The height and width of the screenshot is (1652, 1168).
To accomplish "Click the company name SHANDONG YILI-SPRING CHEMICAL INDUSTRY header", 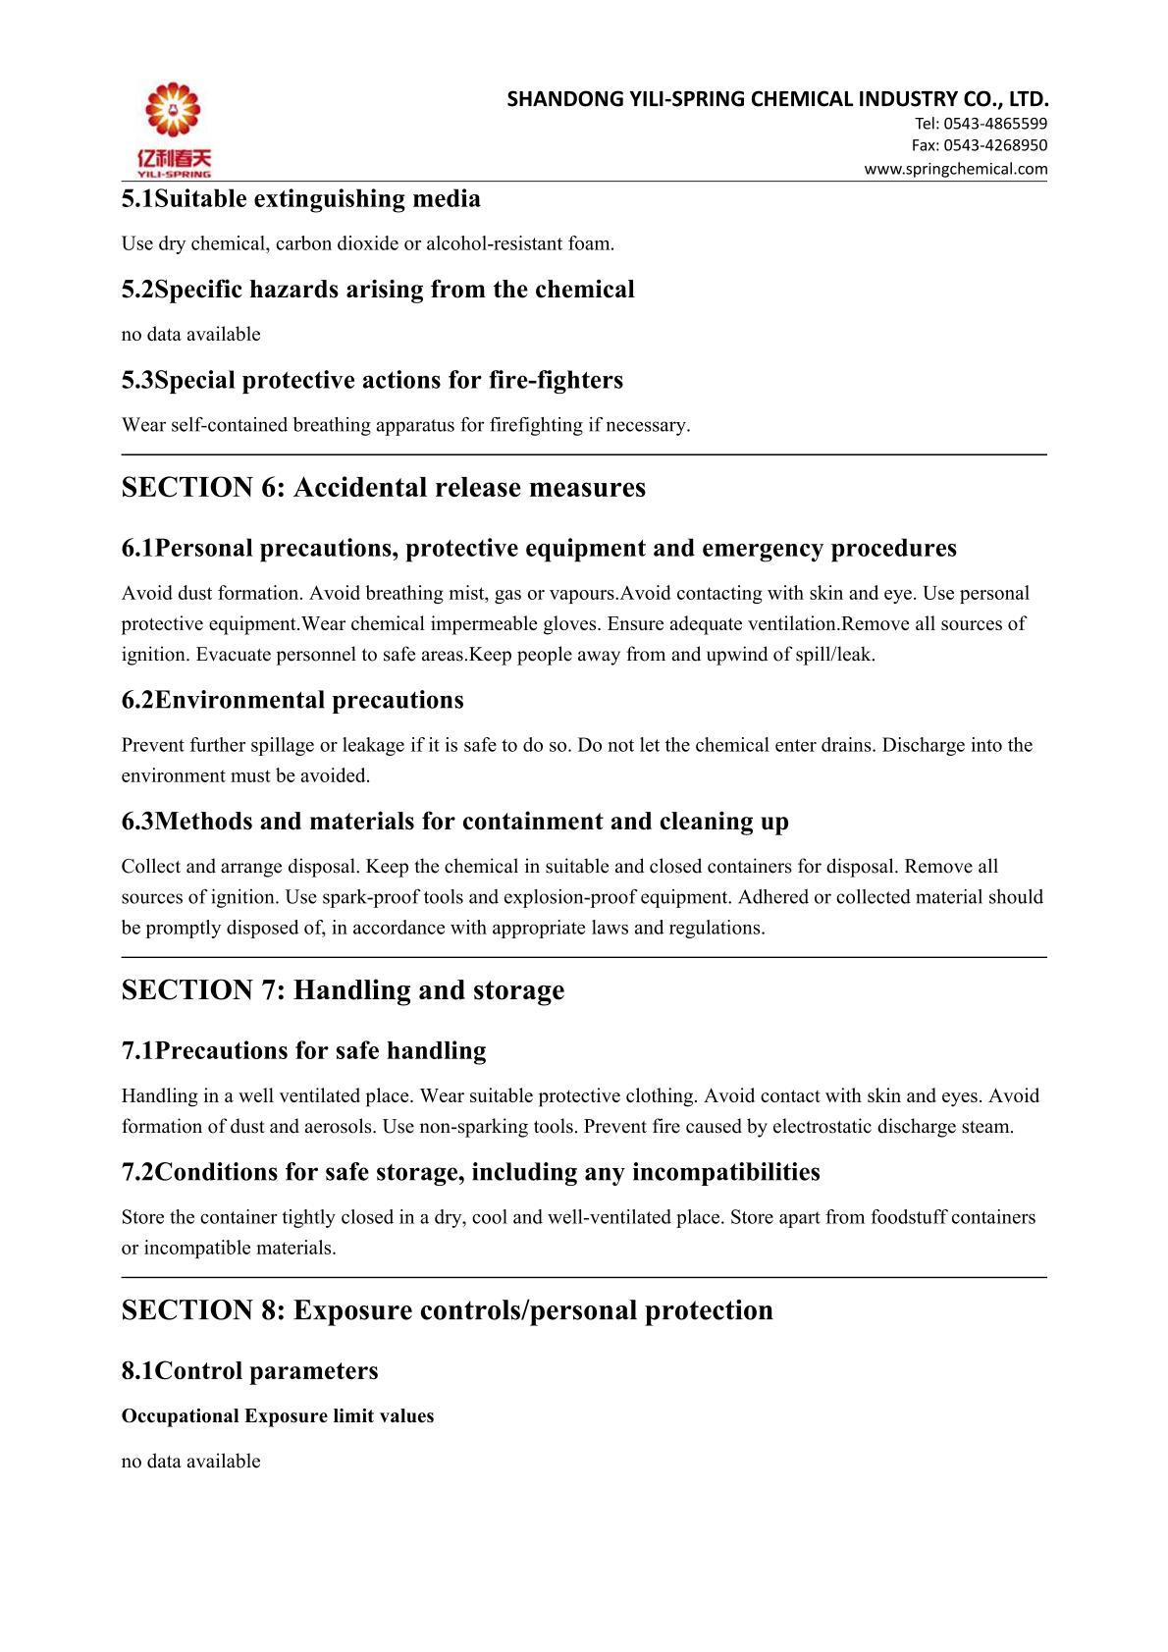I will click(x=777, y=99).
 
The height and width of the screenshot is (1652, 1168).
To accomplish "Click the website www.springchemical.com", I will click(x=955, y=169).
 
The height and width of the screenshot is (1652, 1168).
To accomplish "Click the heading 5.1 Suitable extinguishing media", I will click(x=300, y=199).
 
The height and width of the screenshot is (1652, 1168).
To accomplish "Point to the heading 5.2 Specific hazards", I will click(x=378, y=290).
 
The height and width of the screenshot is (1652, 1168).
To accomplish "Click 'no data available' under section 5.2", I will click(x=190, y=335).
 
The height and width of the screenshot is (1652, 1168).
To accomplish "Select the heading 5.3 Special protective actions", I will click(x=372, y=380).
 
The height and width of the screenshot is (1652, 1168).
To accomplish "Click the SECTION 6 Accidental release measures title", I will click(x=383, y=488).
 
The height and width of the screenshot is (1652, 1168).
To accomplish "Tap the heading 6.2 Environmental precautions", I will click(x=292, y=700).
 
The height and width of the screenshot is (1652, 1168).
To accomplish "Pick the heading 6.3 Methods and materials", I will click(x=454, y=822).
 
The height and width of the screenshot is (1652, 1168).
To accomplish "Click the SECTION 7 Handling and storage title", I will click(x=343, y=990).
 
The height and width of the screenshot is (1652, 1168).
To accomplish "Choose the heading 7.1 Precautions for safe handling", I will click(x=303, y=1051).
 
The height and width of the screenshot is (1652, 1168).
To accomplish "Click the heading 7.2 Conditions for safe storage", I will click(x=470, y=1172).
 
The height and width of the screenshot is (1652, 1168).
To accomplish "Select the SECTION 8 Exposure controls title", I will click(x=447, y=1310).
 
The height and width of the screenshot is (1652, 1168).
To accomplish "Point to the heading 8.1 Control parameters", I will click(x=249, y=1371).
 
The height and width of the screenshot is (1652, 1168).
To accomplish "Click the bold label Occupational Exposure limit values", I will click(x=277, y=1416).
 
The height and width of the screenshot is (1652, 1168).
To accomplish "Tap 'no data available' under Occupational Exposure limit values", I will click(x=190, y=1462).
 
